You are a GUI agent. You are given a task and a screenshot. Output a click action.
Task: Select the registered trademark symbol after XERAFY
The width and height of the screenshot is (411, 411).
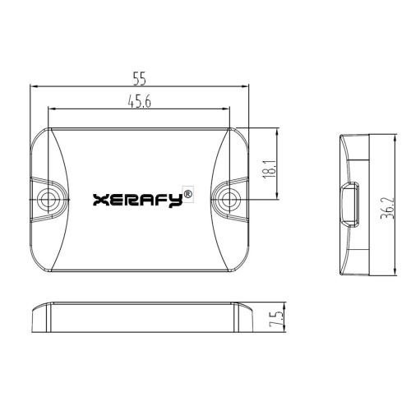point(188,193)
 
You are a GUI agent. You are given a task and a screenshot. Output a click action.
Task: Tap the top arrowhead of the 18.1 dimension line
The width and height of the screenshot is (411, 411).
point(275,131)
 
